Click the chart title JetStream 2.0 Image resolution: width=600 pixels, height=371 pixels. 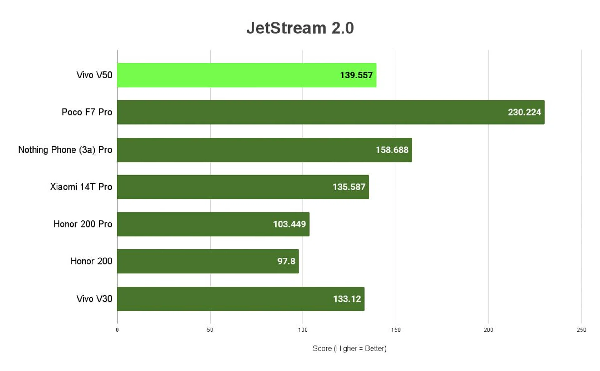tap(300, 28)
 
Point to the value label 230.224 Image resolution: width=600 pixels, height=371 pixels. tap(524, 112)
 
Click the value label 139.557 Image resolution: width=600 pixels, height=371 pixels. tap(356, 75)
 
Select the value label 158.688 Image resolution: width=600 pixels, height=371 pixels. tap(392, 150)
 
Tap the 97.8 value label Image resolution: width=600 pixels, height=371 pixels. tap(286, 261)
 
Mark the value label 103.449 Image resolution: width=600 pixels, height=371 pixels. tap(289, 224)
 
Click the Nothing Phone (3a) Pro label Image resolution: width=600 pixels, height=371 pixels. tap(65, 150)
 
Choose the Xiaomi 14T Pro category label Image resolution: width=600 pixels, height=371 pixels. tap(81, 187)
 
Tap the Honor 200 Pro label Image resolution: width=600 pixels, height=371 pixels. tap(83, 224)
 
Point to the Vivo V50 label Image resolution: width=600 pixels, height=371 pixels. tap(94, 75)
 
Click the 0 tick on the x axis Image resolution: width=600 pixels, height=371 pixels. tap(117, 330)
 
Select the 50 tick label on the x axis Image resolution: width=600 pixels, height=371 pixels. tap(210, 330)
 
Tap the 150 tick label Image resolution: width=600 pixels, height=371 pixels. tap(396, 330)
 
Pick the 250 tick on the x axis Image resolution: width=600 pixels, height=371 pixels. tap(581, 330)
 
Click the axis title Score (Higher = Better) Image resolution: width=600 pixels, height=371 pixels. tap(349, 348)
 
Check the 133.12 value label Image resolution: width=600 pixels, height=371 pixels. tap(347, 299)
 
